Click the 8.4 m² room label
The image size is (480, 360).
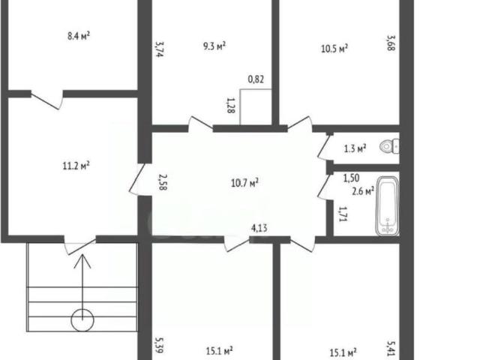tap(79, 36)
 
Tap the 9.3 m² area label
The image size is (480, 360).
tap(214, 46)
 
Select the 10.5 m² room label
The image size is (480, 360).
tap(334, 48)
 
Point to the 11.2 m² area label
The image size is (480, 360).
tap(76, 166)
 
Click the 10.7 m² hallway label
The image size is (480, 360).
tap(245, 183)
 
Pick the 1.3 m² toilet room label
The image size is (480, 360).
tap(355, 148)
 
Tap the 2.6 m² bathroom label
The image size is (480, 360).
tap(363, 191)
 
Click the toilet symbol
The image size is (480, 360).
tap(389, 147)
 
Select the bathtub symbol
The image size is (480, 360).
tap(388, 205)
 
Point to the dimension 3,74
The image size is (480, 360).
tap(160, 49)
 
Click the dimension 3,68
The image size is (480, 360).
tap(391, 43)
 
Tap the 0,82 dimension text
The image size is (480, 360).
tap(256, 79)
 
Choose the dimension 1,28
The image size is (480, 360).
tap(231, 106)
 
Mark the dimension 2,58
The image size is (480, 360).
tap(163, 182)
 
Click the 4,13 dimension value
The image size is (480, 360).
tap(259, 228)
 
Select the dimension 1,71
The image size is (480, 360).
tap(343, 214)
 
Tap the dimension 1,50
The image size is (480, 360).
tap(351, 178)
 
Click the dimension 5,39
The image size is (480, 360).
tap(160, 345)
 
